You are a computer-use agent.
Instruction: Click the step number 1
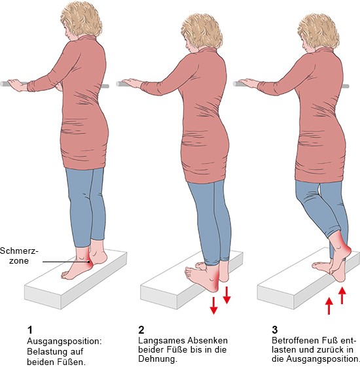pyautogui.click(x=30, y=330)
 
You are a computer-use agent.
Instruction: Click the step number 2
pyautogui.click(x=141, y=330)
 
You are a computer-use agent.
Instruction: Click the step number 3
pyautogui.click(x=275, y=330)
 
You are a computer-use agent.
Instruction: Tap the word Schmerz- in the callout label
pyautogui.click(x=19, y=251)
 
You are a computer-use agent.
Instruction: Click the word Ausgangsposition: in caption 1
pyautogui.click(x=64, y=341)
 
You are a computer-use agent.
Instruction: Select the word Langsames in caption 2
pyautogui.click(x=162, y=341)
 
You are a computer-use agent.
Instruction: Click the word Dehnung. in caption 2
pyautogui.click(x=158, y=358)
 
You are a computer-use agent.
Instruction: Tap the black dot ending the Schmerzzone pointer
pyautogui.click(x=88, y=262)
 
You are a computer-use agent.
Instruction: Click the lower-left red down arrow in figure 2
pyautogui.click(x=213, y=305)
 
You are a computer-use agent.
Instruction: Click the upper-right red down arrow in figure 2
pyautogui.click(x=226, y=295)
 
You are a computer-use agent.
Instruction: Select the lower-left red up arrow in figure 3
pyautogui.click(x=329, y=306)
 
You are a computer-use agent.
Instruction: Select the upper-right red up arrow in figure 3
pyautogui.click(x=342, y=296)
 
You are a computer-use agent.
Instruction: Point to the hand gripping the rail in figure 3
pyautogui.click(x=248, y=83)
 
